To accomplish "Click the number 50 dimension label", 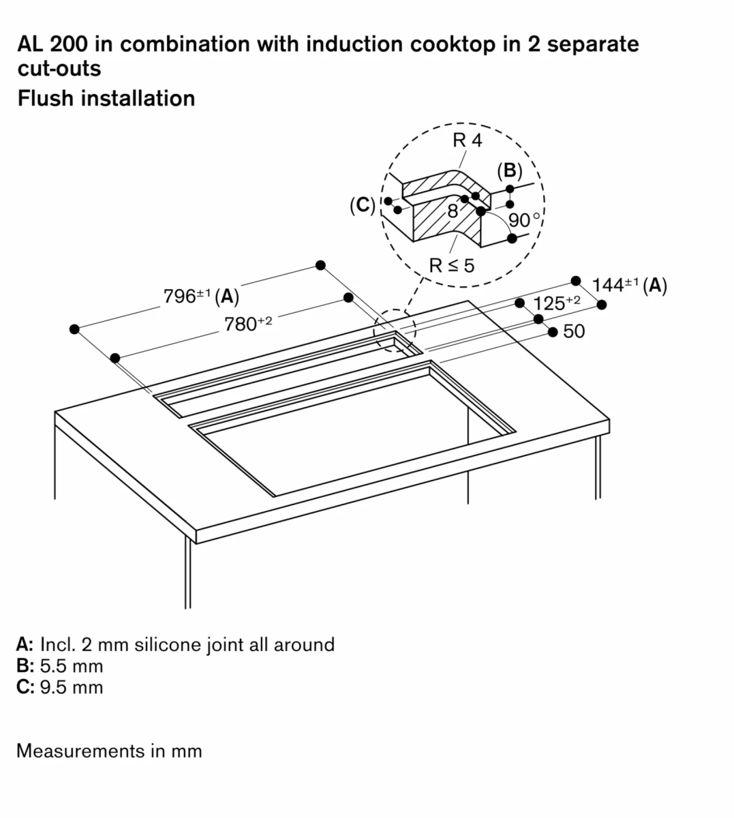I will [x=574, y=331].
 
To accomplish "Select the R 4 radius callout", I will [x=467, y=141].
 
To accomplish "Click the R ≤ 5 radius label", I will [x=451, y=265].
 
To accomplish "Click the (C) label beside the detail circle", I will [x=362, y=204].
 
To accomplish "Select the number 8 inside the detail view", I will [x=453, y=211].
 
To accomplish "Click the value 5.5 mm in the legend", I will [x=71, y=666].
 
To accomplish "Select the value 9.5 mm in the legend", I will [x=71, y=687].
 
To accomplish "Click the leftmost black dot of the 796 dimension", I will [x=74, y=329].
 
